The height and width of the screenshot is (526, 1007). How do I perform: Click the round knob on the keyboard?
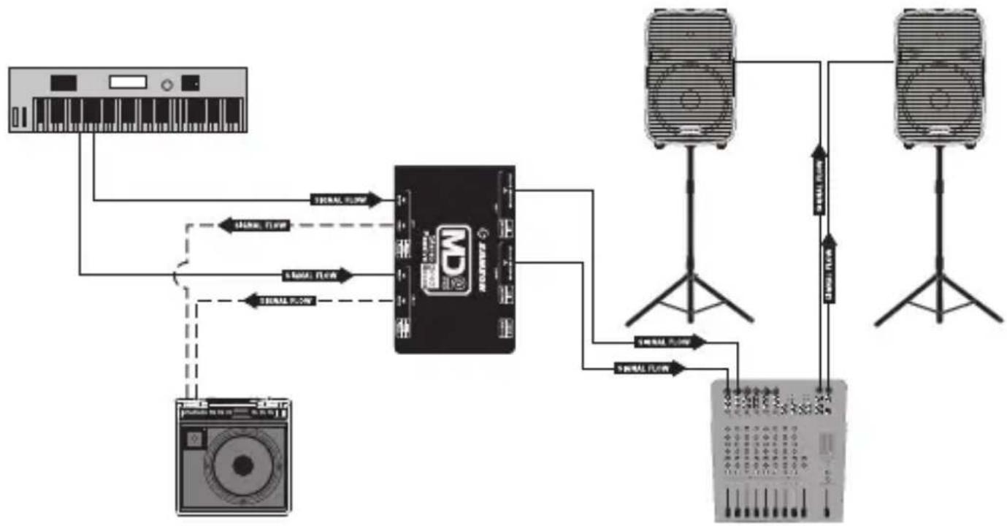coord(167,83)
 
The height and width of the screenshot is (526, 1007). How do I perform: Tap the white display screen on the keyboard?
coord(128,82)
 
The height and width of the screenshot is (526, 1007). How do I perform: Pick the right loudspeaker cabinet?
coord(939,79)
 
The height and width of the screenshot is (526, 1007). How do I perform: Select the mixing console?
coord(779,449)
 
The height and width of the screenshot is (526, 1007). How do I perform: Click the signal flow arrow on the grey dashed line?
coord(255,225)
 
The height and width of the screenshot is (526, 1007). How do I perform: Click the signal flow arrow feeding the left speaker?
coord(819,179)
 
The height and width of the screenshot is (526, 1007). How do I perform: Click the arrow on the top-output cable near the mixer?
coord(670,341)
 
